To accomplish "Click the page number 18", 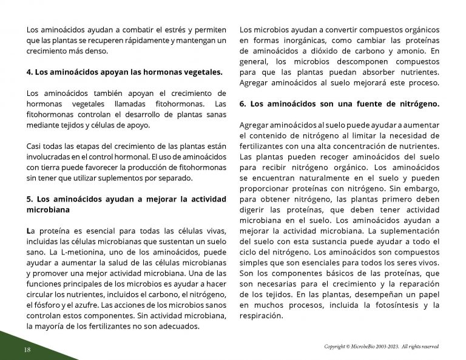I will [27, 350].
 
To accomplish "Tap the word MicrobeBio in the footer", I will [363, 347].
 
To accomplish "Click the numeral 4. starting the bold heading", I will [30, 72].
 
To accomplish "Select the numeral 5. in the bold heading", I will [30, 199].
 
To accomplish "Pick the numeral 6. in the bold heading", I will [243, 104].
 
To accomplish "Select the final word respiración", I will [261, 316].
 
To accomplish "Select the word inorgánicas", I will [288, 40].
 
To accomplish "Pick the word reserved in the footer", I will [427, 347].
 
